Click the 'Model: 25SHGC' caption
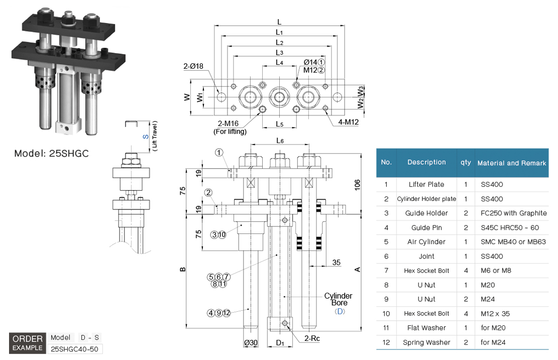[51, 154]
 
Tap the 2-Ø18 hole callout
[193, 66]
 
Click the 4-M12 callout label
[348, 122]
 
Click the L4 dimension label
[280, 63]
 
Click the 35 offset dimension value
[337, 262]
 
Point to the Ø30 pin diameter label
[251, 343]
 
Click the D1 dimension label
[280, 343]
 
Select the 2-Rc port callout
[312, 338]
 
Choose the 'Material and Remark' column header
[511, 163]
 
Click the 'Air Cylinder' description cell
[426, 242]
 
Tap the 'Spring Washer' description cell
[426, 342]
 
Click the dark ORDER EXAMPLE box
[28, 343]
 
